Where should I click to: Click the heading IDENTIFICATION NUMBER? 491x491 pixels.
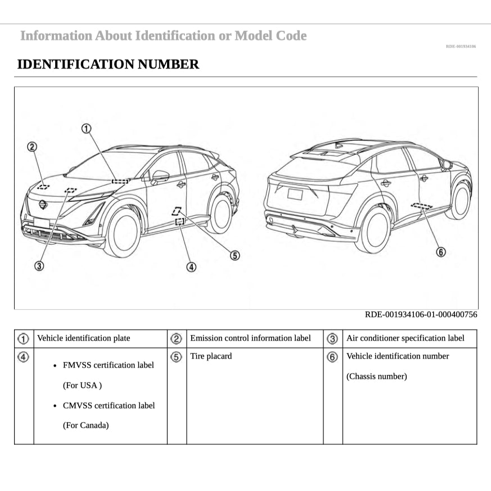coord(108,64)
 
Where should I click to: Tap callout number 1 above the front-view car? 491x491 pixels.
coord(86,129)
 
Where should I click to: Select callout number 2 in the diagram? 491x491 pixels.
coord(32,147)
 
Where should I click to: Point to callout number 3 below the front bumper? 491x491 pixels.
coord(39,266)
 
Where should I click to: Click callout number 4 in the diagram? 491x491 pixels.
coord(192,267)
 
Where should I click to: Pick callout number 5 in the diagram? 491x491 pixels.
coord(235,255)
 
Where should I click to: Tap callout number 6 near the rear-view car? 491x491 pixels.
coord(441,252)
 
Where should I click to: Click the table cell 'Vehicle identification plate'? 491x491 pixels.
coord(83,338)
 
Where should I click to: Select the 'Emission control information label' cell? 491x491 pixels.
coord(250,338)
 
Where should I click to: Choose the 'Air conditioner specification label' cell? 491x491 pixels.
coord(406,338)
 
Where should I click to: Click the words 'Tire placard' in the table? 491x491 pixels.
coord(211,356)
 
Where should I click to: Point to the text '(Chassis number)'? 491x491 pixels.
coord(376,376)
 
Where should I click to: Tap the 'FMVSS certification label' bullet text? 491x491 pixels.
coord(108,365)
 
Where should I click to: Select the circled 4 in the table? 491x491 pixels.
coord(24,357)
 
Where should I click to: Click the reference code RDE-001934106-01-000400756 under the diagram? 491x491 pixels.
coord(421,314)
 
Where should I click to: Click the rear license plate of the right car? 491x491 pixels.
coord(295,194)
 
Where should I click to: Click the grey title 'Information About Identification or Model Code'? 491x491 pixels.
coord(163,36)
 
